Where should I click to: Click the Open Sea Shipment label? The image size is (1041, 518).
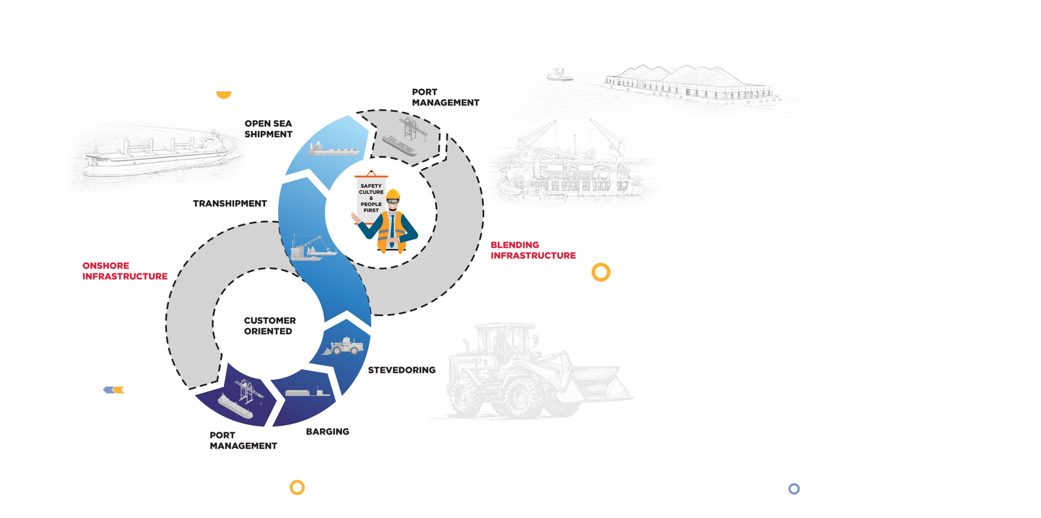(x=268, y=129)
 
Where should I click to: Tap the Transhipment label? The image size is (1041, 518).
(x=230, y=203)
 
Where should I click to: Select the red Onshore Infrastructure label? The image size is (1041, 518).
(x=125, y=271)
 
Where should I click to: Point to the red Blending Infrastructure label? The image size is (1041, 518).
(x=532, y=250)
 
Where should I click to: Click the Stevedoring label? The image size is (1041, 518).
(x=402, y=370)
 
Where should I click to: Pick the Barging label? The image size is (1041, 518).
(x=327, y=432)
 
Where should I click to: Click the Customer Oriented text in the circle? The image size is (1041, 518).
(x=270, y=326)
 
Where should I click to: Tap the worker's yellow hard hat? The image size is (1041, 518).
(x=393, y=194)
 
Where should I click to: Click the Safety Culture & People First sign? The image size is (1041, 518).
(x=371, y=198)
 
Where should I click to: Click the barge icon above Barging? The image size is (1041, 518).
(x=308, y=393)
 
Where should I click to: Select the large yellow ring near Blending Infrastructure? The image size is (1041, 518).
(x=601, y=272)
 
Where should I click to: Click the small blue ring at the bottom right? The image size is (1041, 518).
(x=794, y=489)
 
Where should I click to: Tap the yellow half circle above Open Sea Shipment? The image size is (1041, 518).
(x=224, y=94)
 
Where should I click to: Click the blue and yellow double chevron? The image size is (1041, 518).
(x=114, y=390)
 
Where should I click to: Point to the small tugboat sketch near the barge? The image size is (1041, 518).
(x=559, y=75)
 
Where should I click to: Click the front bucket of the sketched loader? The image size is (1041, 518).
(x=600, y=384)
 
